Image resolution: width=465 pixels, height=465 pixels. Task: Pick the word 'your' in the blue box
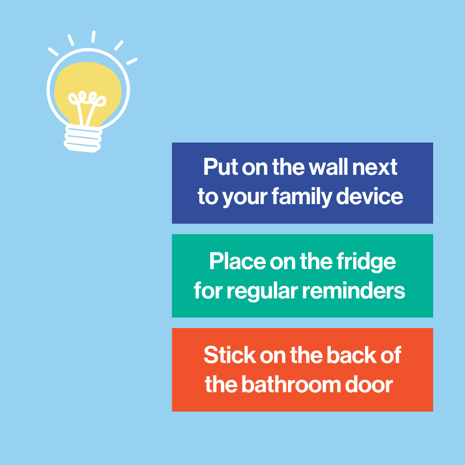click(245, 197)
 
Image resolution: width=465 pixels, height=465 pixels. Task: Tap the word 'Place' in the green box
click(237, 261)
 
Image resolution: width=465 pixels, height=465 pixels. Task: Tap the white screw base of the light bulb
click(83, 139)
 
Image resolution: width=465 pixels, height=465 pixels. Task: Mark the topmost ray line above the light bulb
click(93, 36)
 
